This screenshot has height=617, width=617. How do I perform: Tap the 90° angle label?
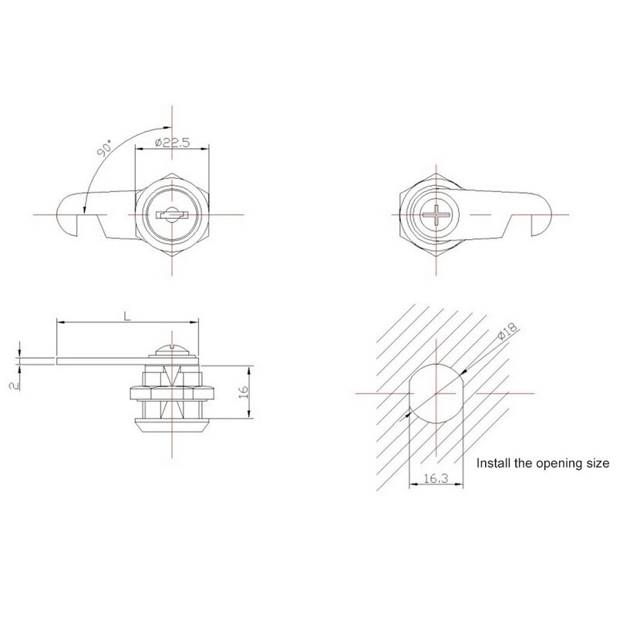pyautogui.click(x=105, y=148)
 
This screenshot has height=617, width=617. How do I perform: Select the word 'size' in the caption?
pyautogui.click(x=598, y=464)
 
